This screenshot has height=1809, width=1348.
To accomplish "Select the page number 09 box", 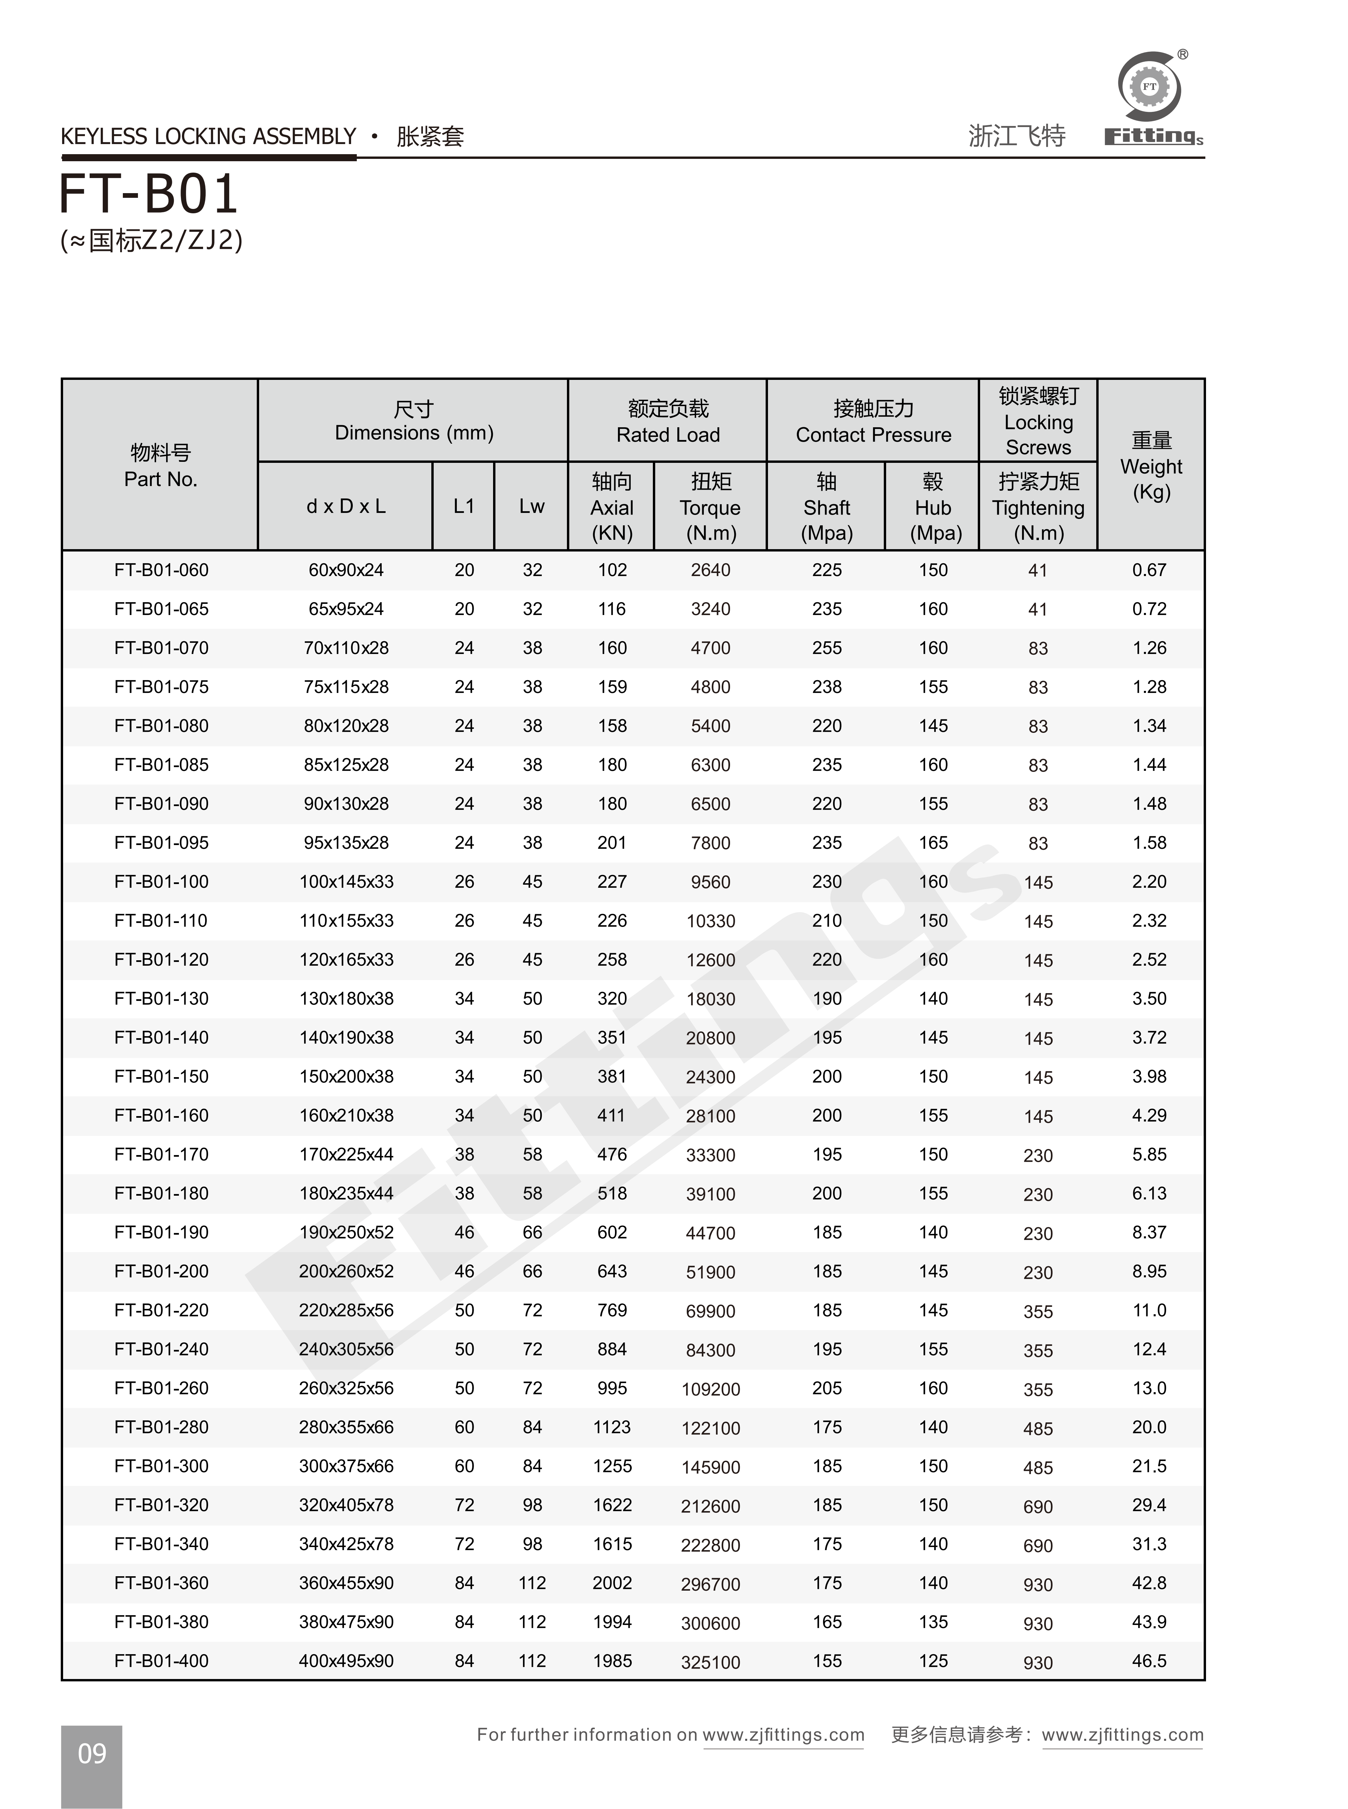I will click(91, 1754).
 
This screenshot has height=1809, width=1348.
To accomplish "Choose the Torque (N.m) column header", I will click(710, 507).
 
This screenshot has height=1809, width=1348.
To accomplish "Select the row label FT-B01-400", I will click(161, 1661).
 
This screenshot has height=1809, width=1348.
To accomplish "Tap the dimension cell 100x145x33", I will click(346, 882).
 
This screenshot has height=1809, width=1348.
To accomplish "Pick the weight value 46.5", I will click(1149, 1661).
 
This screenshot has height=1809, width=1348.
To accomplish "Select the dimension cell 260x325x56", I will click(346, 1388).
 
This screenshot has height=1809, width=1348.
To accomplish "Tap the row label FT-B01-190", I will click(161, 1232).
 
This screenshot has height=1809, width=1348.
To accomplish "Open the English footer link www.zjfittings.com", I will click(783, 1735).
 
